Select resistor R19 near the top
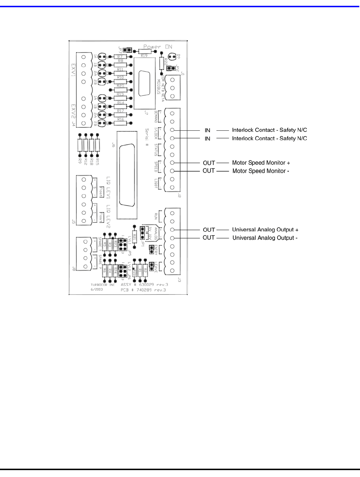tap(144, 53)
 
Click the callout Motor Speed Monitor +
tap(261, 163)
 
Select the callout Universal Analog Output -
tap(265, 238)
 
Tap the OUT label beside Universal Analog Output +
tap(209, 230)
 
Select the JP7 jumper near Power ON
tap(127, 50)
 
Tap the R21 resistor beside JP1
tap(134, 237)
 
